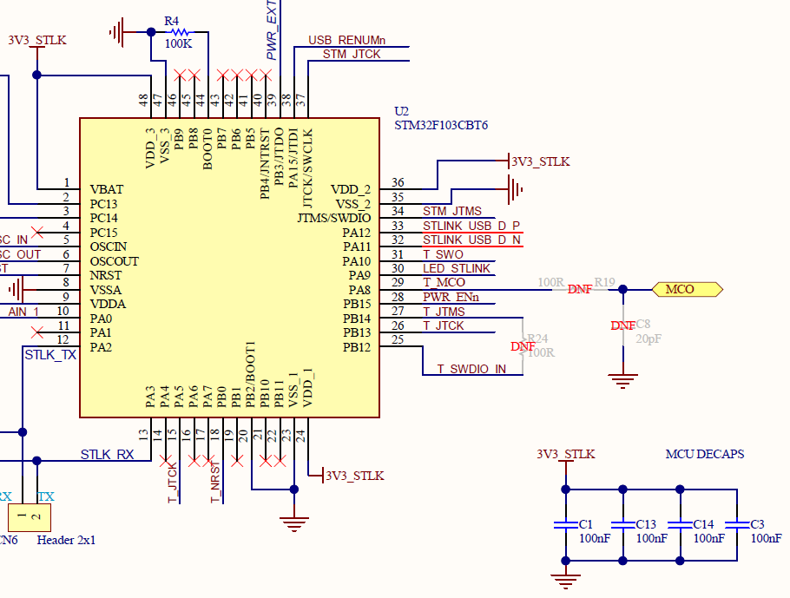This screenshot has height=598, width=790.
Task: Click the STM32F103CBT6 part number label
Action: [x=440, y=126]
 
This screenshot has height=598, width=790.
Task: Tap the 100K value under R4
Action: [x=178, y=44]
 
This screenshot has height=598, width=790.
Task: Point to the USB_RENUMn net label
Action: [x=346, y=41]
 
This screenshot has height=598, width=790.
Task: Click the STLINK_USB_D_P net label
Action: [x=471, y=226]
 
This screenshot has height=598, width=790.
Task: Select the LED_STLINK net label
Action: [x=457, y=268]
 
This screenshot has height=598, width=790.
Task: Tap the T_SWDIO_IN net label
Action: [x=471, y=369]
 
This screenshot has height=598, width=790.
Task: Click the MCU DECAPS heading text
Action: [x=704, y=454]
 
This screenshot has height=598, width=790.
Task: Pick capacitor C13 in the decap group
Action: [x=622, y=525]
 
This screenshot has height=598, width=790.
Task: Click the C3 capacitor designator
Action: [x=758, y=524]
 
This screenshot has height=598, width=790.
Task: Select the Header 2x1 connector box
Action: [x=29, y=518]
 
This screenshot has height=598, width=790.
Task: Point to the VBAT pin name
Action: [x=107, y=189]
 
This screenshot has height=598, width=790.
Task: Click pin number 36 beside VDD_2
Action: [x=398, y=182]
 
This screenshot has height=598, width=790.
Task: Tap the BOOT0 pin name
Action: [x=207, y=149]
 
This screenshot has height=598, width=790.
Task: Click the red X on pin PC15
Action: [x=37, y=233]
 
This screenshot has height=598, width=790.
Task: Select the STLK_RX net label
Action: [x=107, y=454]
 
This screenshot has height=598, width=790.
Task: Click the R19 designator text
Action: [x=604, y=282]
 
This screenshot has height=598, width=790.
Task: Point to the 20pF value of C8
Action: [x=649, y=338]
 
